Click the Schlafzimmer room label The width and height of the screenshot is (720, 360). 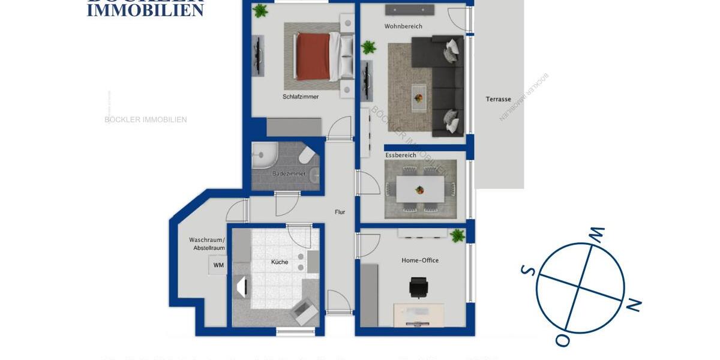pos(301,97)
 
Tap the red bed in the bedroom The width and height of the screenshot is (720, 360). pos(313,56)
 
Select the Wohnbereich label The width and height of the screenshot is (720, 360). pos(403,26)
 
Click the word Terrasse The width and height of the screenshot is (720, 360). pos(498,99)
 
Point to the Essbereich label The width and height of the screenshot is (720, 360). pos(401,155)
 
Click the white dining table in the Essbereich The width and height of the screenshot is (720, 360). pos(420,189)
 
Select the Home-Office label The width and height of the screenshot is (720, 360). pos(420,260)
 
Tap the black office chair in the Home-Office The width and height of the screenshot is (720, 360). pos(418,287)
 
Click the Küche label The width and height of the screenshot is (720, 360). pos(280,262)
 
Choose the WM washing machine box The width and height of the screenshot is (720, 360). pos(218,265)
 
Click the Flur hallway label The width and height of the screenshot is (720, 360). pos(340,212)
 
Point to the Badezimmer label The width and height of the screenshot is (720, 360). pos(289,174)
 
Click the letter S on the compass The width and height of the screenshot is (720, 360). pos(528,270)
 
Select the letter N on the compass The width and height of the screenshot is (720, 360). pos(633,305)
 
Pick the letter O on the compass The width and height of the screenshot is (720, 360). pos(562,340)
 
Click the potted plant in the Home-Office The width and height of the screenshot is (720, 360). pos(458,236)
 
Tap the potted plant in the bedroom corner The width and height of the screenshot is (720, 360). pos(260,11)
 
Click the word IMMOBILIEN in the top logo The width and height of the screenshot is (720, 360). pos(145,10)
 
